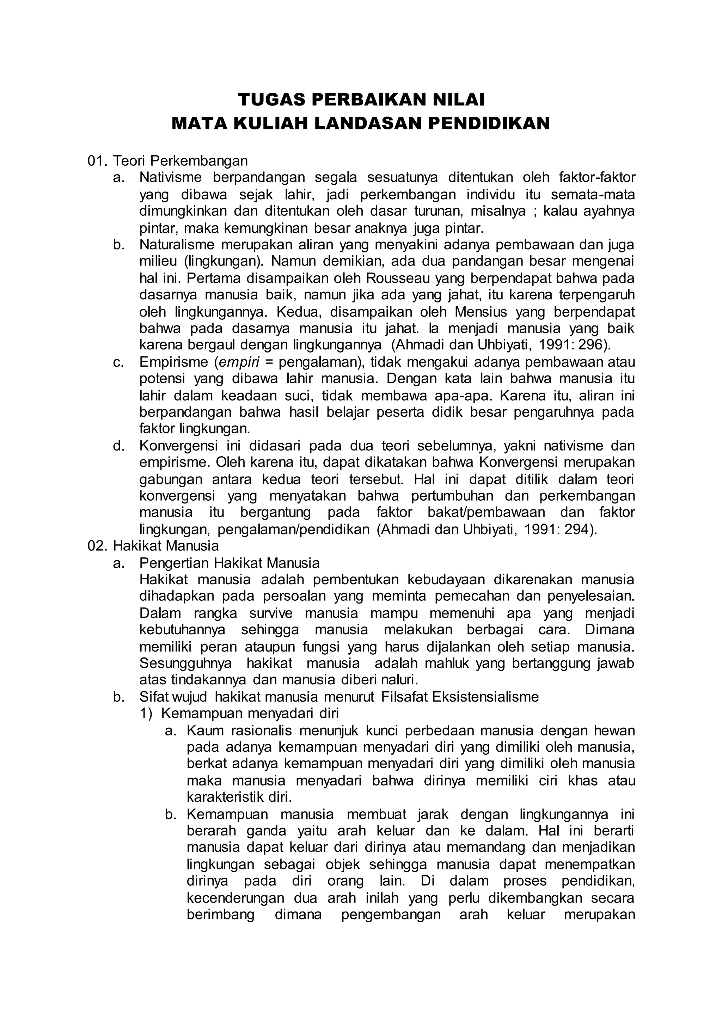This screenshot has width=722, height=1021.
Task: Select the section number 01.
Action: [98, 160]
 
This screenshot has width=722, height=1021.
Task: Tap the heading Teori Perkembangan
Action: [180, 160]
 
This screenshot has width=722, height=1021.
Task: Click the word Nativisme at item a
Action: [170, 177]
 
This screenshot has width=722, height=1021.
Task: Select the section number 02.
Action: [98, 546]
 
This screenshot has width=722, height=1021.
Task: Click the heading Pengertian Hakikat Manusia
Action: [230, 563]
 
